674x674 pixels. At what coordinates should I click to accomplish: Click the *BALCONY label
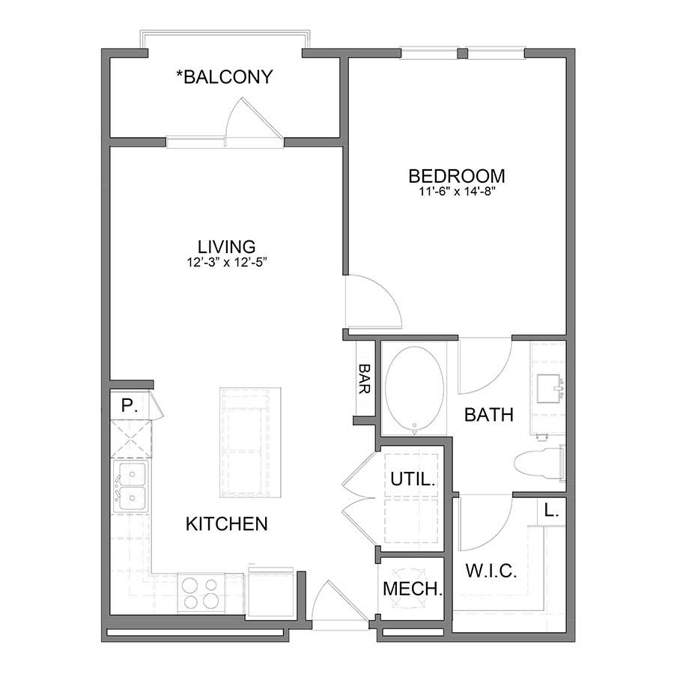click(x=225, y=77)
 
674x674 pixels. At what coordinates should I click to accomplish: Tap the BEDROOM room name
click(x=457, y=176)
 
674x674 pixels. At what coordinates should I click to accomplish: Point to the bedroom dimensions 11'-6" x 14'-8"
click(x=458, y=192)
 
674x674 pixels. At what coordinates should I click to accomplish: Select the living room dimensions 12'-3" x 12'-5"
click(x=228, y=262)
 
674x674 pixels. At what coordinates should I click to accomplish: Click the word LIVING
click(x=226, y=246)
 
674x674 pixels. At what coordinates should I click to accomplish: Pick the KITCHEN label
click(x=226, y=524)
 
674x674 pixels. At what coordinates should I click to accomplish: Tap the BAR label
click(x=365, y=379)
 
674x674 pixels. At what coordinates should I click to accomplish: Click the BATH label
click(x=489, y=415)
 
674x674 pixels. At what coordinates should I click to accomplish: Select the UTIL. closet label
click(x=413, y=479)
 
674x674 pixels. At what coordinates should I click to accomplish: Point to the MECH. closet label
click(x=413, y=589)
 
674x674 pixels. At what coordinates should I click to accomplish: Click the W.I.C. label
click(x=491, y=571)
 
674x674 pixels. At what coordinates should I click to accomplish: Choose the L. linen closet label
click(x=551, y=511)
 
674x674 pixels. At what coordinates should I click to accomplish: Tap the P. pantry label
click(x=129, y=405)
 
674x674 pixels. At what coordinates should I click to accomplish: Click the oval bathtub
click(x=414, y=389)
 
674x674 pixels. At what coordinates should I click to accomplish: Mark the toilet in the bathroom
click(x=540, y=464)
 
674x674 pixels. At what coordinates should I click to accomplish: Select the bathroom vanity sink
click(x=550, y=389)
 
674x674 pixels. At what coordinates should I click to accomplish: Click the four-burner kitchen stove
click(x=200, y=594)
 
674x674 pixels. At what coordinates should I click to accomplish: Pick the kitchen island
click(x=250, y=443)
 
